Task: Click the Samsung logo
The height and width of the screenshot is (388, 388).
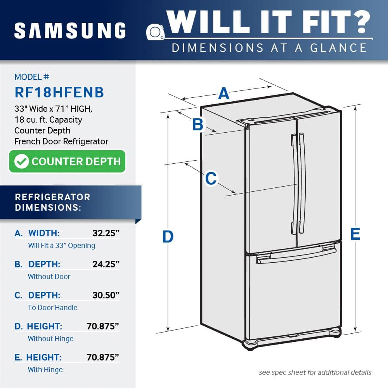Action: tap(70, 30)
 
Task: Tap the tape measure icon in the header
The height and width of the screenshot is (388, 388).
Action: tap(156, 31)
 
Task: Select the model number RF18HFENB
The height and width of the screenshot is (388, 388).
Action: tap(59, 92)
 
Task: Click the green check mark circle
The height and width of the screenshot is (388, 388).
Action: tap(21, 161)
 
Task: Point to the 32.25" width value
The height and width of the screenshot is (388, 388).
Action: tap(106, 233)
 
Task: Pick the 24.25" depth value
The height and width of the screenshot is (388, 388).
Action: tap(106, 264)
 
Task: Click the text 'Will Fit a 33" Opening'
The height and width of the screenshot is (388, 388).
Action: tap(61, 246)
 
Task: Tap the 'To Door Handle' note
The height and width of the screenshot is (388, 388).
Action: tap(52, 308)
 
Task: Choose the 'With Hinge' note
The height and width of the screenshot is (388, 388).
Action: tap(45, 370)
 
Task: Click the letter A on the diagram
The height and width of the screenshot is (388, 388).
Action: tap(223, 94)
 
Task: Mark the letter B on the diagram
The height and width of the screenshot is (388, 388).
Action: tap(198, 125)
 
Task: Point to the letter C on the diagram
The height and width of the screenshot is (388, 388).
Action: tap(211, 178)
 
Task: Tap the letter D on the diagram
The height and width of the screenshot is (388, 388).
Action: tap(168, 237)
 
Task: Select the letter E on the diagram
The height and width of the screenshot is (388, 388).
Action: tap(355, 234)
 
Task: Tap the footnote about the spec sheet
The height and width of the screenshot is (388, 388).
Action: tap(315, 372)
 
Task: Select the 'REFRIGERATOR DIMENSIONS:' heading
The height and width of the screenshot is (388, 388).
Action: tap(52, 202)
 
